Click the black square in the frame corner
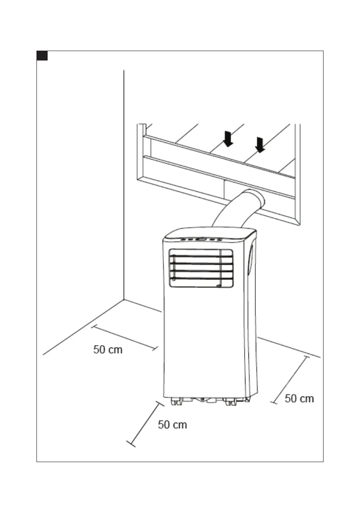pos(42,56)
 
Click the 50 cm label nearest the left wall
pos(108,350)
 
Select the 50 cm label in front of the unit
pos(172,425)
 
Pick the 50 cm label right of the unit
pos(299,399)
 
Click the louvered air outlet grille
pos(200,269)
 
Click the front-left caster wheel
pos(175,402)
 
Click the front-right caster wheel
pos(230,402)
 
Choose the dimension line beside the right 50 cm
pos(290,380)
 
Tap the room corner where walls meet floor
pos(124,299)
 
